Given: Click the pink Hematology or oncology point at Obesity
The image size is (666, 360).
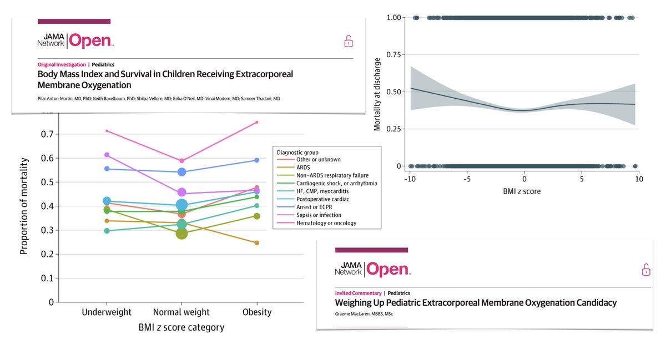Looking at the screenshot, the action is click(x=257, y=122).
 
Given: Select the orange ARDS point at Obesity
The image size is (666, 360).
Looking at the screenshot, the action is click(x=257, y=243).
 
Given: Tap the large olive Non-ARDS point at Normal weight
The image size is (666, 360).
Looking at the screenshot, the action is click(x=181, y=234).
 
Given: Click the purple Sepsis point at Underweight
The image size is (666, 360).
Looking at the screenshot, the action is click(x=107, y=155).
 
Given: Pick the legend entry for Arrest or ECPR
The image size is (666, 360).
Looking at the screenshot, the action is click(x=305, y=207).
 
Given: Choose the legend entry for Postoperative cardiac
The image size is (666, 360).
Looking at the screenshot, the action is click(x=313, y=199).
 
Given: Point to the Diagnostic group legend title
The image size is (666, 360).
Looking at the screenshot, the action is click(x=297, y=153).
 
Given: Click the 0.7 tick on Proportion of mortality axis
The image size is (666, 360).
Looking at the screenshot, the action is click(x=47, y=134).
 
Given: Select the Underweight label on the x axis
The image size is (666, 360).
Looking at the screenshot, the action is click(x=107, y=312).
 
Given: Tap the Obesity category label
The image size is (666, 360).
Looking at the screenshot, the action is click(x=257, y=312).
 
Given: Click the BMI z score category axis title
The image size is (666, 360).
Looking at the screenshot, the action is click(x=181, y=327).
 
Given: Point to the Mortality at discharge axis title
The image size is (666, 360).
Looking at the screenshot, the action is click(x=377, y=94).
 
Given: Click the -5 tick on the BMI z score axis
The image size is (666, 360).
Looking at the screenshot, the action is click(x=467, y=179).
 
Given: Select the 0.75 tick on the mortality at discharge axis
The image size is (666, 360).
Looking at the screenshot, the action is click(x=393, y=55).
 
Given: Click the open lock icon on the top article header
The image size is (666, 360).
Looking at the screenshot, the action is click(x=349, y=41).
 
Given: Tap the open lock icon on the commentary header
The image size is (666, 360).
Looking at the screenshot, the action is click(x=646, y=270).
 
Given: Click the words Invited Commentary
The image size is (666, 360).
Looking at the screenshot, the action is click(x=358, y=293).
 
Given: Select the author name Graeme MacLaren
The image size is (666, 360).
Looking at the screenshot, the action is click(x=350, y=313).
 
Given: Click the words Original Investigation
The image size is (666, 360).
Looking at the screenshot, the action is click(x=62, y=64).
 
